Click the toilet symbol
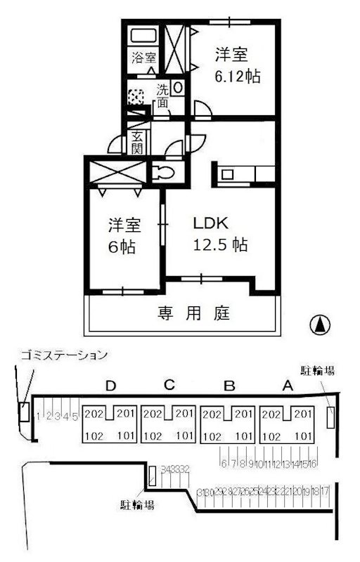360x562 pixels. pos(163,171)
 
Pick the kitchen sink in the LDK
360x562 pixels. pos(230,173)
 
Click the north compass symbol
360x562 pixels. pos(320,325)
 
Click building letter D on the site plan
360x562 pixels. pos(109,385)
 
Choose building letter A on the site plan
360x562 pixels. pos(286,385)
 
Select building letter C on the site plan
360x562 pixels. pos(169,385)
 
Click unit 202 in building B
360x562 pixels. pos(212,414)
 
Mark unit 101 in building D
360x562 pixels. pos(124,436)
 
